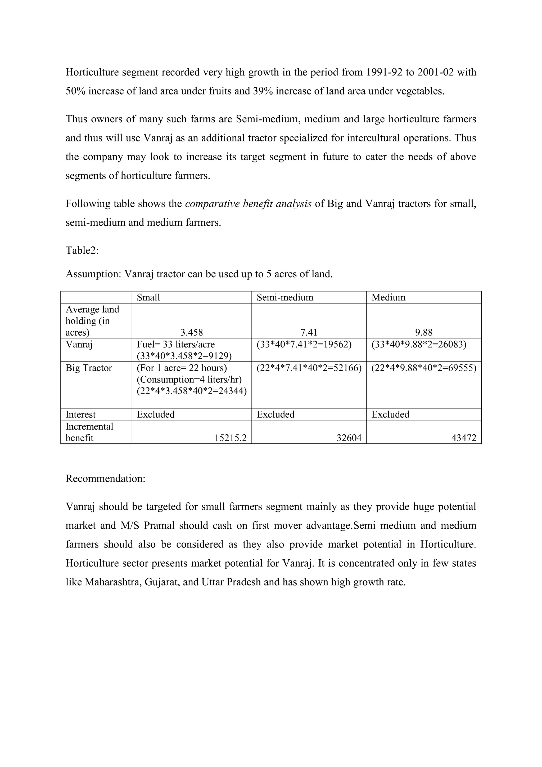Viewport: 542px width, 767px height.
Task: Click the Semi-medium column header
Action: coord(285,297)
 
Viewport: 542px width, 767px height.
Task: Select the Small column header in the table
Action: coord(148,297)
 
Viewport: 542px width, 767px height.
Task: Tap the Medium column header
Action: coord(388,297)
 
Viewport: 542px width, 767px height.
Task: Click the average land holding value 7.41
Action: coord(309,332)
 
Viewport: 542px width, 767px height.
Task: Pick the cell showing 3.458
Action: coord(192,332)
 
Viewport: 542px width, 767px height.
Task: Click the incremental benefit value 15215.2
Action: coord(230,438)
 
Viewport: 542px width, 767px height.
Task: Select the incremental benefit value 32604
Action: coord(349,438)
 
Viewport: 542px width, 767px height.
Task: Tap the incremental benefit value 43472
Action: coord(464,438)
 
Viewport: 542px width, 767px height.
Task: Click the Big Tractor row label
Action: coord(89,368)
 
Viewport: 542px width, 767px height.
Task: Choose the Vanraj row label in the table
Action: coord(79,344)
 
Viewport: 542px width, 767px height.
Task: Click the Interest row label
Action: coord(80,414)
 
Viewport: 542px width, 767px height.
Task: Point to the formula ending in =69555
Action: coord(423,368)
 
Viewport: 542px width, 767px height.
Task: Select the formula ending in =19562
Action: coord(304,344)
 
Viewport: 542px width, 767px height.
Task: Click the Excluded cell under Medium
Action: coord(390,414)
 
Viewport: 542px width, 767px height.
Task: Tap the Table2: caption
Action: coord(82,250)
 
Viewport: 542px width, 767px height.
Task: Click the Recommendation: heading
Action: coord(106,478)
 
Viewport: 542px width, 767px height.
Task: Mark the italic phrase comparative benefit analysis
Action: coord(248,203)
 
